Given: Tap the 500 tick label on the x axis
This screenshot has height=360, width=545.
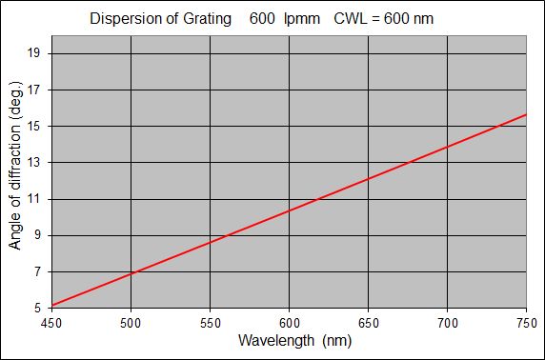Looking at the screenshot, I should (x=130, y=324).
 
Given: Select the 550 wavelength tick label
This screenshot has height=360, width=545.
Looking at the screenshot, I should (x=209, y=324).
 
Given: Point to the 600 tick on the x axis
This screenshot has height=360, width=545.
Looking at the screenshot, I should (x=288, y=324).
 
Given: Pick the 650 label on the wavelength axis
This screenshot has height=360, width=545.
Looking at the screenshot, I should (x=368, y=324).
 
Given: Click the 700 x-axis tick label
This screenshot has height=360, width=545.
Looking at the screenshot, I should (x=447, y=324).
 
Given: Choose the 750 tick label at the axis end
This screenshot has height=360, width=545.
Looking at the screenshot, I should (x=526, y=324).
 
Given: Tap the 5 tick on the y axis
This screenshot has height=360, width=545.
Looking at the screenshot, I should (x=39, y=308).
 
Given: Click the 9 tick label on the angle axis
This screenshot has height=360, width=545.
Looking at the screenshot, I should (x=39, y=235).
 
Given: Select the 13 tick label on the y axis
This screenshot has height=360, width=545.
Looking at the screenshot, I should (x=36, y=163).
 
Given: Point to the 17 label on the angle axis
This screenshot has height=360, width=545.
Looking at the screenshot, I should (x=36, y=90).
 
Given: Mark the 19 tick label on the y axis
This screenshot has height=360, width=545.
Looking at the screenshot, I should (x=36, y=54).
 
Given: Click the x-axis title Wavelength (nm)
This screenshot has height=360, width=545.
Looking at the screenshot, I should (x=288, y=341).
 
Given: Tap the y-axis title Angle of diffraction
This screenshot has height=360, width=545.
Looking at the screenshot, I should (x=15, y=178).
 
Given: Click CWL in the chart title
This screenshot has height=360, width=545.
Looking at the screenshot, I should (x=349, y=18).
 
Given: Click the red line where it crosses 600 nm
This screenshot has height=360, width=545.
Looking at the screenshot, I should (x=288, y=210).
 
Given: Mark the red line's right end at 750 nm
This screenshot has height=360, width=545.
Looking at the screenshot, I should (x=526, y=114).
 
